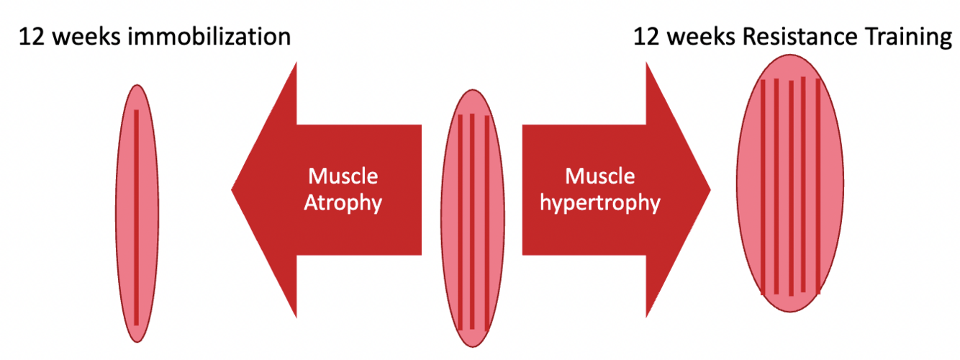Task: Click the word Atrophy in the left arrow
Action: tap(343, 202)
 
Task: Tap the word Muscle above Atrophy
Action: tap(343, 176)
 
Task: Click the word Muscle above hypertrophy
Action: tap(600, 176)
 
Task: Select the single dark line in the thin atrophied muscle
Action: tap(136, 216)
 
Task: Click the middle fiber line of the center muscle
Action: tap(472, 220)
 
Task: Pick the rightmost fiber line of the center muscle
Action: tap(486, 220)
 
